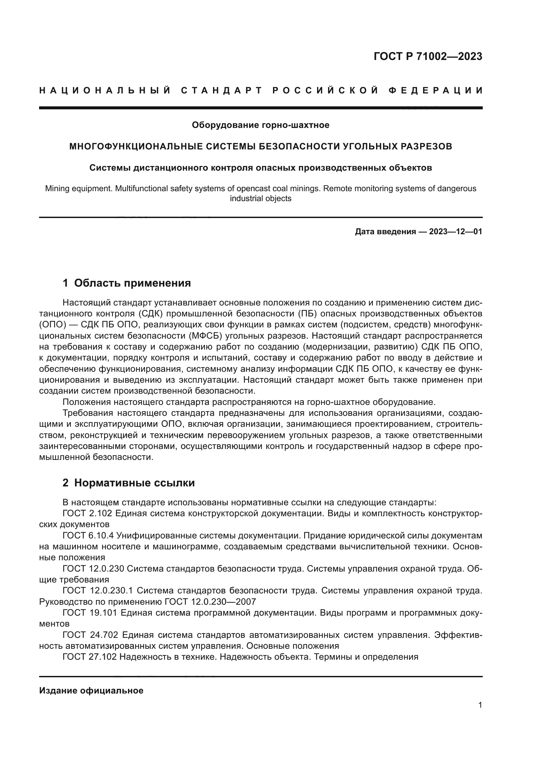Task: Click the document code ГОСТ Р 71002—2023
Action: [427, 57]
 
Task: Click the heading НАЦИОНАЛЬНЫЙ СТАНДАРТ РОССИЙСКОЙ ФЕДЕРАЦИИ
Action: [260, 90]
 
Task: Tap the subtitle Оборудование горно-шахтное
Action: [260, 125]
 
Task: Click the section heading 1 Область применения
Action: [127, 283]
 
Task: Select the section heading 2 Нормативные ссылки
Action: [129, 483]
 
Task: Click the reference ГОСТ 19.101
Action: [90, 613]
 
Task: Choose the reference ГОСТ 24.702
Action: [90, 635]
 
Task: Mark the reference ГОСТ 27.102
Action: [90, 657]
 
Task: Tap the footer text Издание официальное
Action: [91, 691]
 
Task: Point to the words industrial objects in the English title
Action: [260, 198]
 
